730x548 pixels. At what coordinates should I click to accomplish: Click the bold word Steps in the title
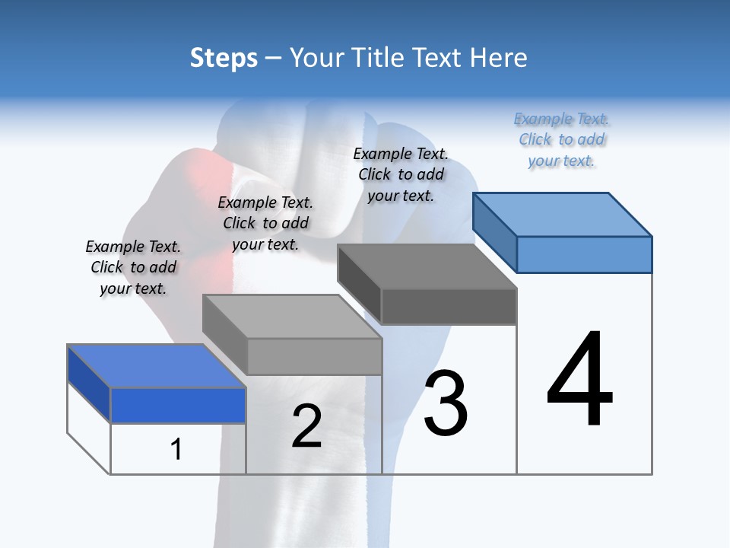coord(224,58)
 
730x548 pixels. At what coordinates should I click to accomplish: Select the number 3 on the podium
coord(446,403)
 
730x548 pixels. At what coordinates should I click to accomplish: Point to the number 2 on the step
coord(307,426)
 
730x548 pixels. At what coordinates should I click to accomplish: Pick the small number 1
coord(176,449)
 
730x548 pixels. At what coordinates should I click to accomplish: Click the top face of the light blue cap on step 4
coord(563,215)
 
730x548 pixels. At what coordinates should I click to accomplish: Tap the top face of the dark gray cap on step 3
coord(427,266)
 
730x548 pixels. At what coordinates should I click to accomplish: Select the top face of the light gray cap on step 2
coord(292,317)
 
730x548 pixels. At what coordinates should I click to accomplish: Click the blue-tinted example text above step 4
coord(561,139)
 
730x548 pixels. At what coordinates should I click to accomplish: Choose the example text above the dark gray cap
coord(401,174)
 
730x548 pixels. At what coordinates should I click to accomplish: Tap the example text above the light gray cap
coord(265,223)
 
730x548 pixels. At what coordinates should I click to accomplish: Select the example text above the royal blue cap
coord(133,267)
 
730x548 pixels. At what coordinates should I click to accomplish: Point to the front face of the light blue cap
coord(584,254)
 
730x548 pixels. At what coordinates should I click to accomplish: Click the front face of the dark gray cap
coord(449,306)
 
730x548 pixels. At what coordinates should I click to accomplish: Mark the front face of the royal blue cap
coord(178,405)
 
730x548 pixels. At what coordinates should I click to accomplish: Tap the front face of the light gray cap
coord(314,356)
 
